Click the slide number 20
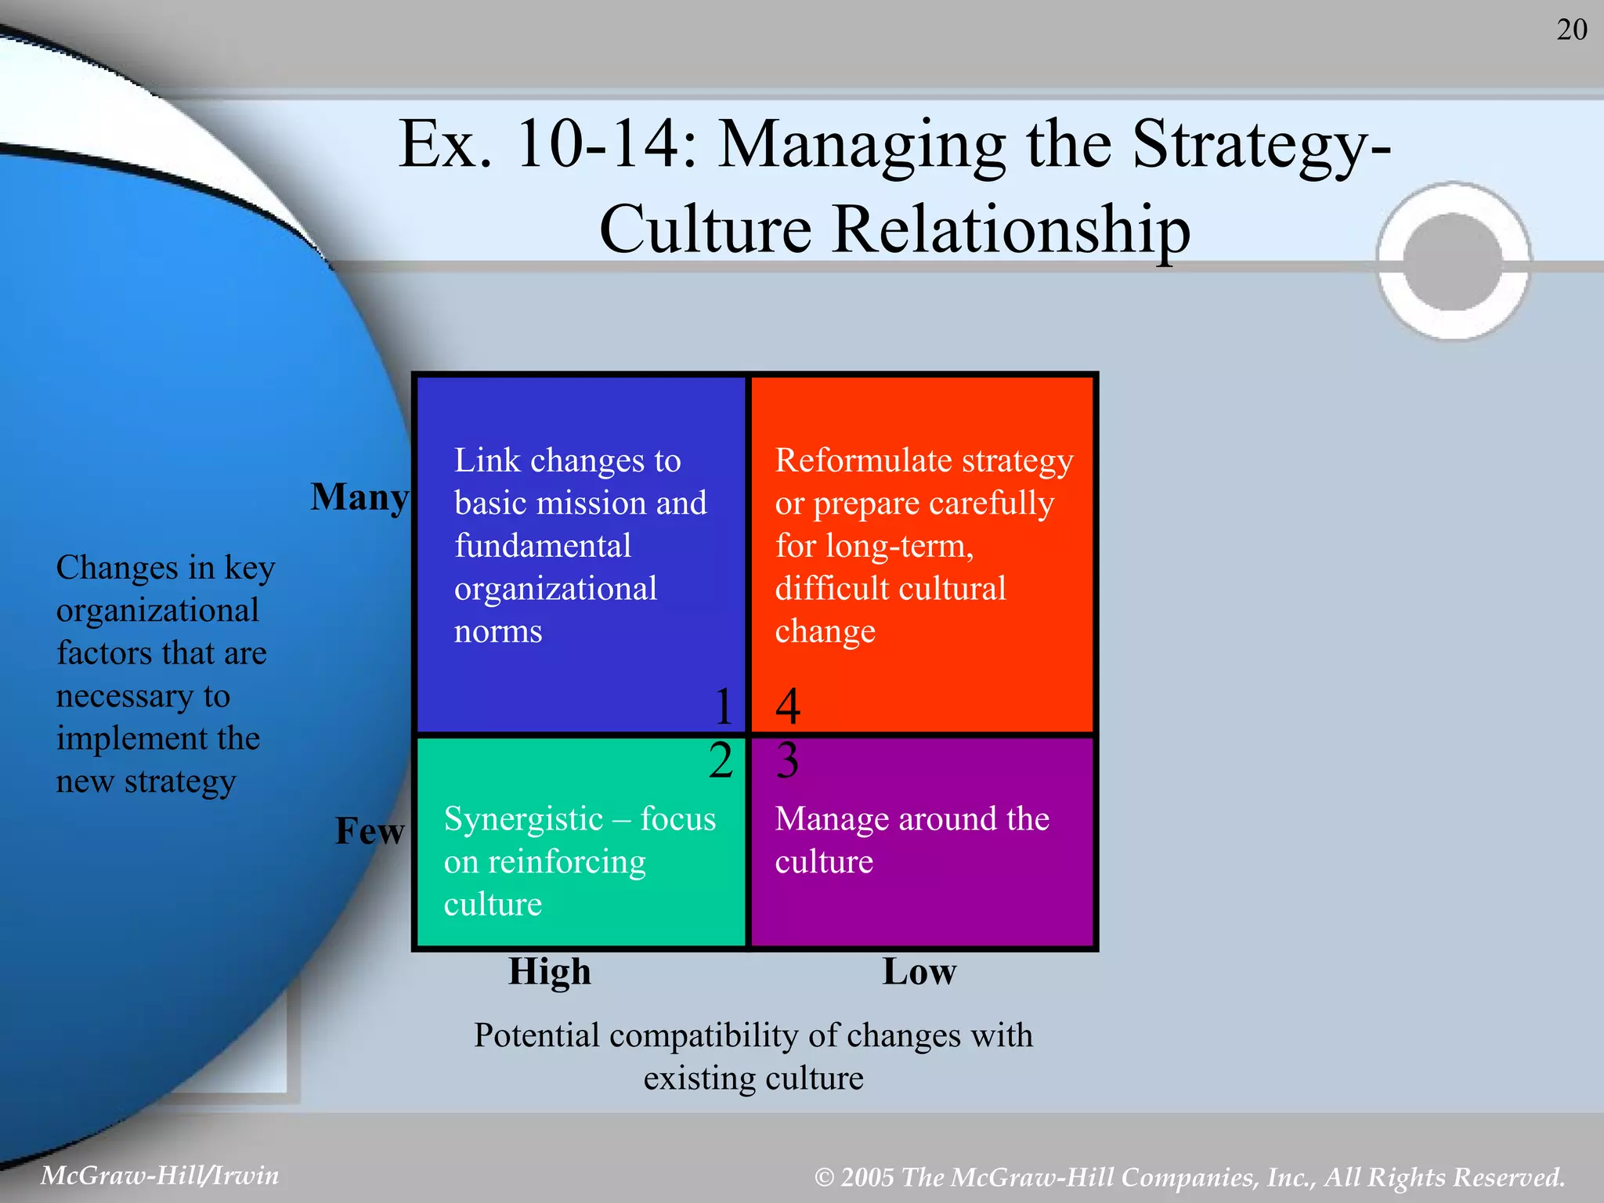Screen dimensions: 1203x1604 [x=1571, y=30]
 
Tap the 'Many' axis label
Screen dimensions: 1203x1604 [x=359, y=497]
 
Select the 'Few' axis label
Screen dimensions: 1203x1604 [x=370, y=831]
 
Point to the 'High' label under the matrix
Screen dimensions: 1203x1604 [x=550, y=972]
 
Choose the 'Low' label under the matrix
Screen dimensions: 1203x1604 [x=919, y=972]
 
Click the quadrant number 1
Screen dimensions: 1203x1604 [x=724, y=706]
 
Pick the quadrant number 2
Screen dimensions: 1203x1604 [x=721, y=760]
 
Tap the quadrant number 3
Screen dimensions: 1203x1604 [x=787, y=760]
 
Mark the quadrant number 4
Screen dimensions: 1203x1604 [x=788, y=706]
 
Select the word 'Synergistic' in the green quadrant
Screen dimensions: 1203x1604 [x=523, y=820]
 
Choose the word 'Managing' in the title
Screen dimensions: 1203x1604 [x=862, y=146]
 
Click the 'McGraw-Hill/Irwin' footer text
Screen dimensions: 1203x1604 [x=160, y=1175]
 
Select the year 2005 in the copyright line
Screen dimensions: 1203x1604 [x=867, y=1177]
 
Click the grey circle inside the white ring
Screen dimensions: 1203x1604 [x=1453, y=262]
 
